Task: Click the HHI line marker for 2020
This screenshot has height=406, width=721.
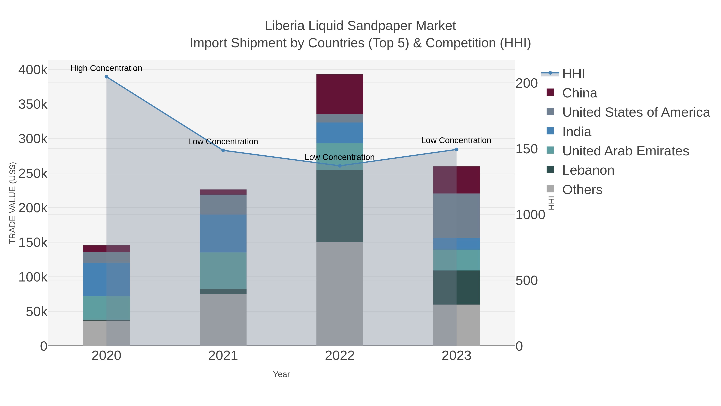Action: click(x=106, y=77)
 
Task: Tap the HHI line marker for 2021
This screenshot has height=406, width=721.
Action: click(x=223, y=150)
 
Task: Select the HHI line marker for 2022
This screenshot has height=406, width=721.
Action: click(x=340, y=166)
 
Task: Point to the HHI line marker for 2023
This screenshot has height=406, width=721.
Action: click(x=456, y=150)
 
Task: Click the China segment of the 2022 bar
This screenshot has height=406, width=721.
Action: click(x=340, y=94)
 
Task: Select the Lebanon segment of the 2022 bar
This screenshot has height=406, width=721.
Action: click(x=340, y=206)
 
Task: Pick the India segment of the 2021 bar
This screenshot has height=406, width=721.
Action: click(x=223, y=233)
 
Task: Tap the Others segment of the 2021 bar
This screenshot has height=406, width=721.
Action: click(x=223, y=320)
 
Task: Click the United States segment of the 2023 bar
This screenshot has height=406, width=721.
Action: click(x=456, y=216)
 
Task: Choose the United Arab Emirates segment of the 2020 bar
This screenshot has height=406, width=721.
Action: click(x=106, y=308)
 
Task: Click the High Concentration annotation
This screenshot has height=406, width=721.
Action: click(x=106, y=68)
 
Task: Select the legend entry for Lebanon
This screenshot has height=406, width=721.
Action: click(x=588, y=170)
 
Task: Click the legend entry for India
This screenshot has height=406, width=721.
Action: click(x=577, y=132)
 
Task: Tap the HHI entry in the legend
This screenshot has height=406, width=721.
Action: click(x=573, y=74)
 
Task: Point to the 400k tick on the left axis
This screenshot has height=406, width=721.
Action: click(x=33, y=70)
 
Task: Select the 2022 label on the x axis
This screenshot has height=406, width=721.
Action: click(x=340, y=356)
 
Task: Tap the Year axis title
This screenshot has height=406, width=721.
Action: click(x=281, y=374)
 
